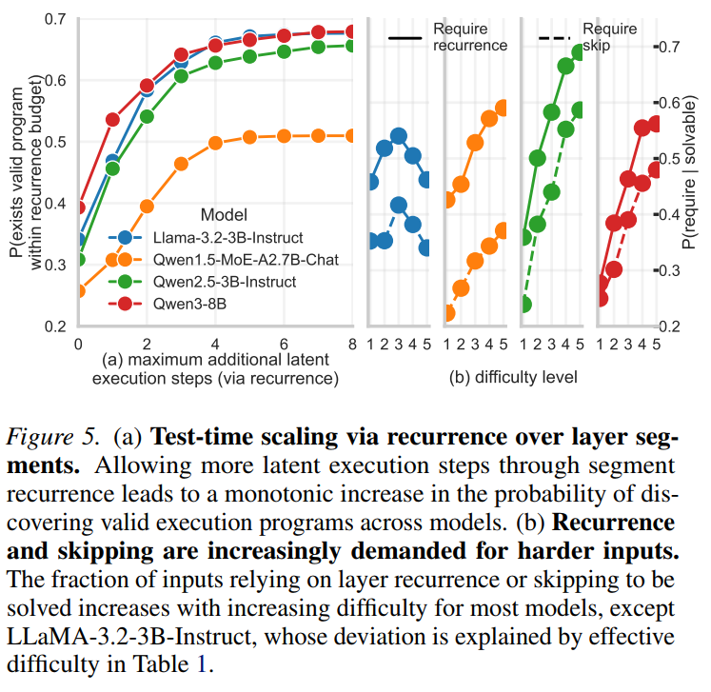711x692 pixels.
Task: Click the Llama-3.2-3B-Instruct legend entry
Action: point(206,238)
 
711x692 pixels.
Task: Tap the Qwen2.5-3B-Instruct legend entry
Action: point(202,282)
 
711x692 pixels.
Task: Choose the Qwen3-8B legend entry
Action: point(167,304)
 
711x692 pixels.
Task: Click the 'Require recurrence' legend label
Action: point(470,37)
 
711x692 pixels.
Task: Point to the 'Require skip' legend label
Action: point(609,37)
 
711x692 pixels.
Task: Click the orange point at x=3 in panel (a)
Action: point(181,164)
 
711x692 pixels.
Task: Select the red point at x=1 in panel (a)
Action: point(112,120)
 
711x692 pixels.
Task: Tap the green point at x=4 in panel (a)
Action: point(215,63)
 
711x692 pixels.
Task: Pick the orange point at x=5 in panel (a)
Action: point(249,137)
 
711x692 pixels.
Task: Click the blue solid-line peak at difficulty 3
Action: point(399,136)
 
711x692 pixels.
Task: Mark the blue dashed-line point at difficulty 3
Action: point(399,205)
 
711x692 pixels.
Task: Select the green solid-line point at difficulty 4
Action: point(565,67)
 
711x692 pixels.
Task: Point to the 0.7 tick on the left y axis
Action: point(55,19)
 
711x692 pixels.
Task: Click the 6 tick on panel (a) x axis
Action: point(284,345)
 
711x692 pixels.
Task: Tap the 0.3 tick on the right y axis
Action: point(668,270)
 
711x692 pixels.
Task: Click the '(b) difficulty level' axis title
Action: point(513,377)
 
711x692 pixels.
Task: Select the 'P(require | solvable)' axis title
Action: point(689,172)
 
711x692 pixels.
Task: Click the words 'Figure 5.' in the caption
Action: point(52,437)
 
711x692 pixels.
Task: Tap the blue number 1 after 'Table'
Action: point(202,664)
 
